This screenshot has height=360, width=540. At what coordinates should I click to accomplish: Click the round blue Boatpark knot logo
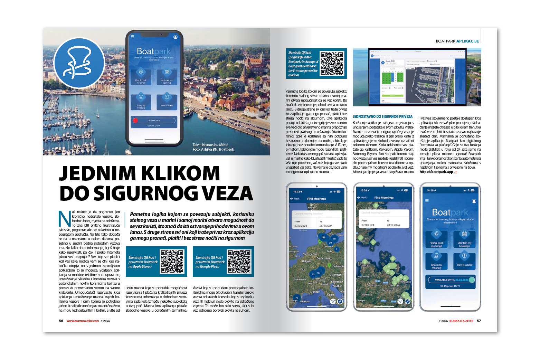[79, 63]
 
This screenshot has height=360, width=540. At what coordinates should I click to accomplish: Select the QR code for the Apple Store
[172, 262]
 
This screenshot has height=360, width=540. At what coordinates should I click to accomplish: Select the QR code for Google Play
[239, 262]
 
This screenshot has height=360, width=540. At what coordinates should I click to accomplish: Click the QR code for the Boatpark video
[332, 63]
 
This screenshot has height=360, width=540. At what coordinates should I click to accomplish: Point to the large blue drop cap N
[65, 218]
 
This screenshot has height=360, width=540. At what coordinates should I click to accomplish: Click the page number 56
[61, 321]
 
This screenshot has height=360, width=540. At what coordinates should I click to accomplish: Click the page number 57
[479, 321]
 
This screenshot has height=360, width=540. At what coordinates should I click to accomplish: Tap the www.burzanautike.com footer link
[83, 321]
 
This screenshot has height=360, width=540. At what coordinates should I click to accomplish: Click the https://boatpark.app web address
[436, 172]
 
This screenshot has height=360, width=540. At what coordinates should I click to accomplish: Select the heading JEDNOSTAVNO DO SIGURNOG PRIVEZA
[382, 117]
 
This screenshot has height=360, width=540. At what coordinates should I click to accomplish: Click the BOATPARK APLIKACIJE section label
[457, 41]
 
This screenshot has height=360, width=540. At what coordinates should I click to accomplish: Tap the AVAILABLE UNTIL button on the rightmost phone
[451, 280]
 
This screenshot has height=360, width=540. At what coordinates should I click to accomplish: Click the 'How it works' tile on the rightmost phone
[464, 261]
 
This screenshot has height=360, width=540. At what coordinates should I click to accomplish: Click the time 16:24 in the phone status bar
[364, 190]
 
